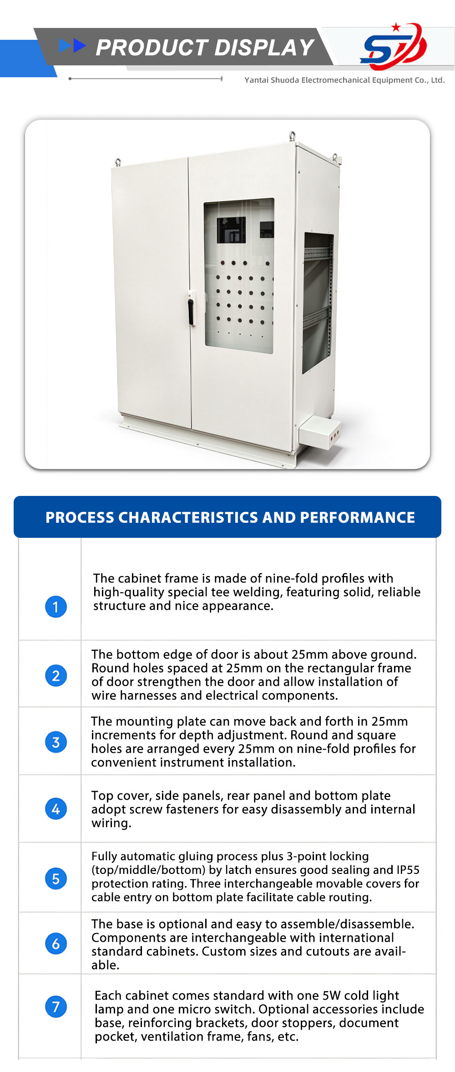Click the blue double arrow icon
tap(73, 46)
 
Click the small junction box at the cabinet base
tap(319, 432)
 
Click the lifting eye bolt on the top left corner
tap(118, 162)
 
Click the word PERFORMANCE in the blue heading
tap(357, 517)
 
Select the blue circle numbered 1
tap(56, 607)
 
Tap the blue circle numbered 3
tap(56, 742)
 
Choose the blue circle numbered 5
tap(56, 878)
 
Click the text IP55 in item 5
tap(408, 870)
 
